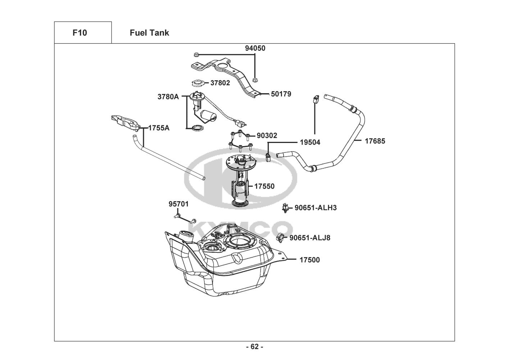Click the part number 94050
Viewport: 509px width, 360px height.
[x=255, y=48]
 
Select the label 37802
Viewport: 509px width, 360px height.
[x=220, y=83]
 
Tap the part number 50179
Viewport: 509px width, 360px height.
[x=281, y=94]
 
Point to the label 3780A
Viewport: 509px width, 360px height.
[x=168, y=97]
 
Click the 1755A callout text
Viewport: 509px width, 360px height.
[x=159, y=128]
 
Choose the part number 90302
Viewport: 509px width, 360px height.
[x=267, y=136]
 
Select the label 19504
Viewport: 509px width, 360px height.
[x=310, y=142]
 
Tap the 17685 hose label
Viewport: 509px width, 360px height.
[x=375, y=141]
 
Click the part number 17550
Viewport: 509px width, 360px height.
[x=264, y=186]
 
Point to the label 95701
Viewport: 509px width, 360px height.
[x=178, y=204]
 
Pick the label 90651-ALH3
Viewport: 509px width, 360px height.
[x=315, y=208]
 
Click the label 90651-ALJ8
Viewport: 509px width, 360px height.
[x=310, y=238]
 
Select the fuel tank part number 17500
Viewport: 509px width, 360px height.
[x=309, y=260]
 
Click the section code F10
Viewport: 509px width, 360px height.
[x=80, y=33]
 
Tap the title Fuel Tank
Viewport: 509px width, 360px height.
[x=149, y=33]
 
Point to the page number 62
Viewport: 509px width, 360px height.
[x=255, y=347]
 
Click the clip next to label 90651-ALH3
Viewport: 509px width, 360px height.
[x=285, y=208]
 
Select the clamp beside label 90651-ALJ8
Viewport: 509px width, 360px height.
[x=281, y=238]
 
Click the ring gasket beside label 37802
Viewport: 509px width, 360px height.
[x=199, y=83]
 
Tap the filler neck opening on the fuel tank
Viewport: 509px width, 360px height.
[x=186, y=234]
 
